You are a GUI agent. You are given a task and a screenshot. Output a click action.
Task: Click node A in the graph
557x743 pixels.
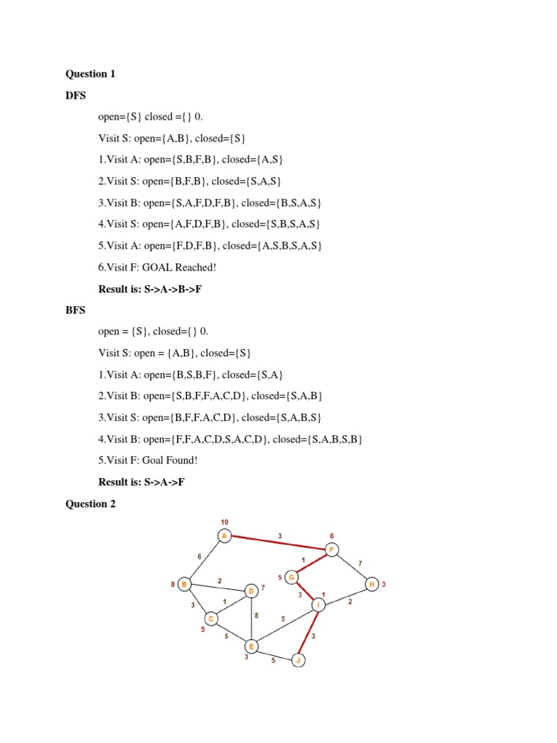point(225,536)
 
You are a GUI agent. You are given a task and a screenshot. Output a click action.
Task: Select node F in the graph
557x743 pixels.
point(331,549)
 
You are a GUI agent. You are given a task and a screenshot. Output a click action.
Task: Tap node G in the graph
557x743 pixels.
point(292,578)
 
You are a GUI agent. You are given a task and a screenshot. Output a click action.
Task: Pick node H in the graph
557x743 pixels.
point(371,584)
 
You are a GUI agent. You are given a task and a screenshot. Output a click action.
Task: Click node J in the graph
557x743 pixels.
point(297,660)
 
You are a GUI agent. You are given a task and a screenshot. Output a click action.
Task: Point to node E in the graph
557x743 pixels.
point(251,646)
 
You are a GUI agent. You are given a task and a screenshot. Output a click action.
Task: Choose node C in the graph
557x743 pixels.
point(211,618)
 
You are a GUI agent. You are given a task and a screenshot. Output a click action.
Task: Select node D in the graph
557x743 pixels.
point(251,591)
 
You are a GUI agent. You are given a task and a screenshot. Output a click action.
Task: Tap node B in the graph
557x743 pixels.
point(185,584)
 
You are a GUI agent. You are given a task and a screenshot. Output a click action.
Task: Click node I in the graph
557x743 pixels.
point(318,604)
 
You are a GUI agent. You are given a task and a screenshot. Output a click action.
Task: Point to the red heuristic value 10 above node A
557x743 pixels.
point(225,522)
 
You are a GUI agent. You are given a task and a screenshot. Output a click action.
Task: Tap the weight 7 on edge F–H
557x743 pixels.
point(360,563)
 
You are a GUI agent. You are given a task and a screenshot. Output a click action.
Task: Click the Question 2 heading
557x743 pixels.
point(91,504)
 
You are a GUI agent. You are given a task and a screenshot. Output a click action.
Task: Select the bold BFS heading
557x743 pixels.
point(75,310)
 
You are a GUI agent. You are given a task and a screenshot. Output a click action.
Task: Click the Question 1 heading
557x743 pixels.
point(91,73)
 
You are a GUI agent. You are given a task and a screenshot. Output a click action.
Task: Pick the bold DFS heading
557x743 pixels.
point(75,94)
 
